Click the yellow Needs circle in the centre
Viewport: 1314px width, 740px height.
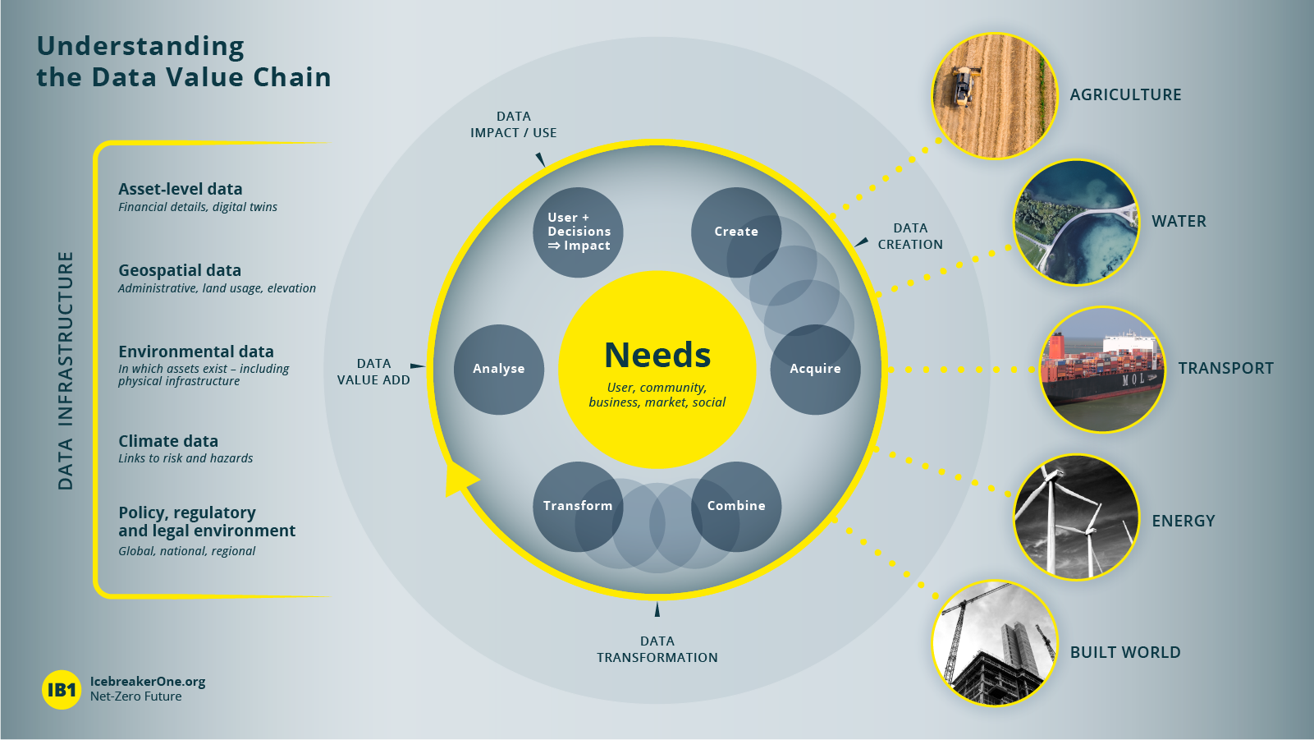click(x=657, y=370)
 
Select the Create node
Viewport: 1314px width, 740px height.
click(x=736, y=232)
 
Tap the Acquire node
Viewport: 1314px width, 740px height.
click(x=815, y=370)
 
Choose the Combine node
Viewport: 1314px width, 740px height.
click(x=736, y=507)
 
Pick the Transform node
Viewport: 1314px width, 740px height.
click(x=578, y=507)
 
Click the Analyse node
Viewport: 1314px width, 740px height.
click(x=499, y=370)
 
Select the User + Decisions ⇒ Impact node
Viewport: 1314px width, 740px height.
click(x=578, y=232)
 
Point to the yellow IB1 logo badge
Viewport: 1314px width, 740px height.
click(x=62, y=690)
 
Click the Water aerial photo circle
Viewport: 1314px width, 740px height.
click(x=1077, y=223)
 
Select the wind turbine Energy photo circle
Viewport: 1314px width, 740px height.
click(x=1077, y=517)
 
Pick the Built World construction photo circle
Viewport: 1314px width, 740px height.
click(x=995, y=643)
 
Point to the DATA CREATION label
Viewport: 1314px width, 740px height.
click(x=910, y=236)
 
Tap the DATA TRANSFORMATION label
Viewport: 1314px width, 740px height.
click(x=657, y=649)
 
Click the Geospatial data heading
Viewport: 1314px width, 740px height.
click(x=180, y=270)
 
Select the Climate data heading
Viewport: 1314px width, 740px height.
click(x=168, y=441)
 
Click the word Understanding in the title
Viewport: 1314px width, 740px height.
click(x=141, y=47)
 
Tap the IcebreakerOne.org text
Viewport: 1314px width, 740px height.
click(x=147, y=682)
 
